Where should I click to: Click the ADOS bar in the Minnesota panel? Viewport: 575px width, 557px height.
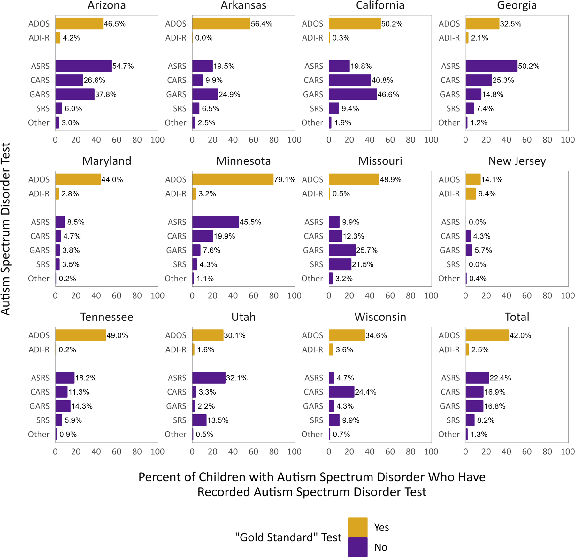click(233, 179)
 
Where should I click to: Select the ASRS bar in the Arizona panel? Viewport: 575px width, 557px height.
click(83, 66)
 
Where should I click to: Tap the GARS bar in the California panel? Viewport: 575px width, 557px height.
click(353, 94)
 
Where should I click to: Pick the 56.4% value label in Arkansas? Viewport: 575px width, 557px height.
click(262, 24)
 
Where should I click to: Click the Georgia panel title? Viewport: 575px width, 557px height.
click(517, 5)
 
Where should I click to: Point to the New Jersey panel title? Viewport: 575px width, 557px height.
click(517, 161)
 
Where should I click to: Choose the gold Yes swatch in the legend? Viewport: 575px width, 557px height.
click(357, 527)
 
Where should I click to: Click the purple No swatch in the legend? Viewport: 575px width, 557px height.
click(357, 547)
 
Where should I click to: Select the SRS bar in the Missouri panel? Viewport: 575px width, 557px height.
click(340, 264)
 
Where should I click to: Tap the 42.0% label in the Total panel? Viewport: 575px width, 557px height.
click(520, 335)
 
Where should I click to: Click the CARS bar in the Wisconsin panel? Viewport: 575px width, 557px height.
click(341, 392)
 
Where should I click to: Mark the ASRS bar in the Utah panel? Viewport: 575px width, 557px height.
click(209, 378)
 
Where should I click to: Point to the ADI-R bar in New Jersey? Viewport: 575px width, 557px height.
click(471, 194)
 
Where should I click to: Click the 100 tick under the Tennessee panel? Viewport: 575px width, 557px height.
click(157, 451)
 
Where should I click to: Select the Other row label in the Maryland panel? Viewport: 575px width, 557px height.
click(39, 278)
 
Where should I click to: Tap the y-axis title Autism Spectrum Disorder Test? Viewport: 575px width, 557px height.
click(6, 229)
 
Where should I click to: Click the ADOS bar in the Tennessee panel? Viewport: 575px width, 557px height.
click(80, 335)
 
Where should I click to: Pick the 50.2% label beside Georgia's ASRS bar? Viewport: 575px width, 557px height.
click(529, 66)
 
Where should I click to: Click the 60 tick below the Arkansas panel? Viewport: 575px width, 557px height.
click(253, 140)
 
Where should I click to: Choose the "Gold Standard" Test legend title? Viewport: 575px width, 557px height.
click(288, 537)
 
